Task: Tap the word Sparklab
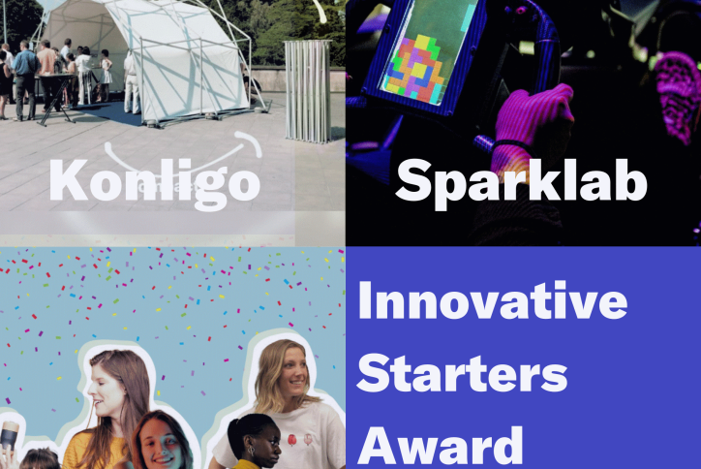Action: pos(521,183)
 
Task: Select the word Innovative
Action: pos(493,299)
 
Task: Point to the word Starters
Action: pos(462,373)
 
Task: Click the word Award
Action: pos(441,446)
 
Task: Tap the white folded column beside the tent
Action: pos(308,91)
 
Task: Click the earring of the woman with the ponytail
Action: pos(251,451)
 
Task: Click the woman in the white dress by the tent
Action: pos(106,75)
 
